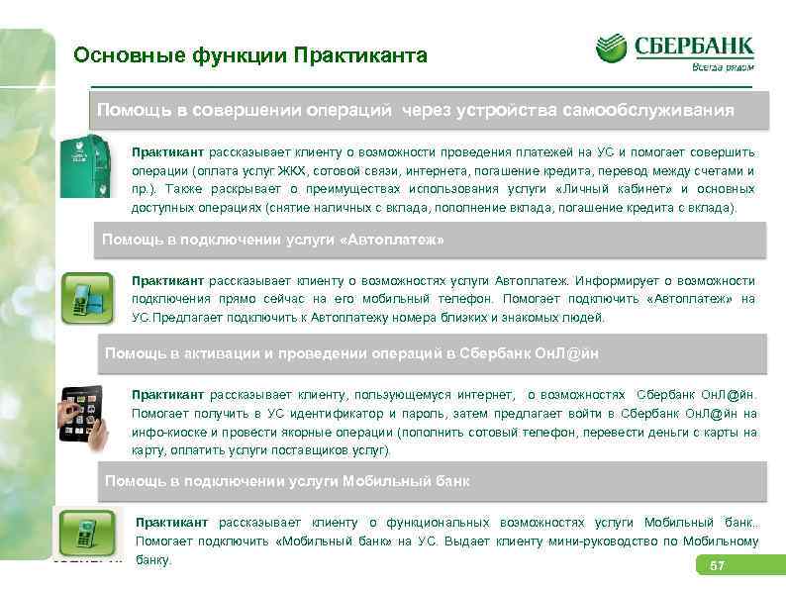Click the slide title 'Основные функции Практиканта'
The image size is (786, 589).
250,55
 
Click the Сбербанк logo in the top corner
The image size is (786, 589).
675,47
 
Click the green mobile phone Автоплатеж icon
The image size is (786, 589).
87,296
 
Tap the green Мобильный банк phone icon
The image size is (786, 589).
88,535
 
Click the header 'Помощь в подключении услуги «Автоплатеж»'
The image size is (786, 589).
273,241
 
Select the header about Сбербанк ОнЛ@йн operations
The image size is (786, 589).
350,353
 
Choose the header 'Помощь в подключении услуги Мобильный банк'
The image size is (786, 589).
287,481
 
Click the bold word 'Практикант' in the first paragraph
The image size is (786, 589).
167,152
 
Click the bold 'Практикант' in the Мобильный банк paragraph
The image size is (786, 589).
172,523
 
